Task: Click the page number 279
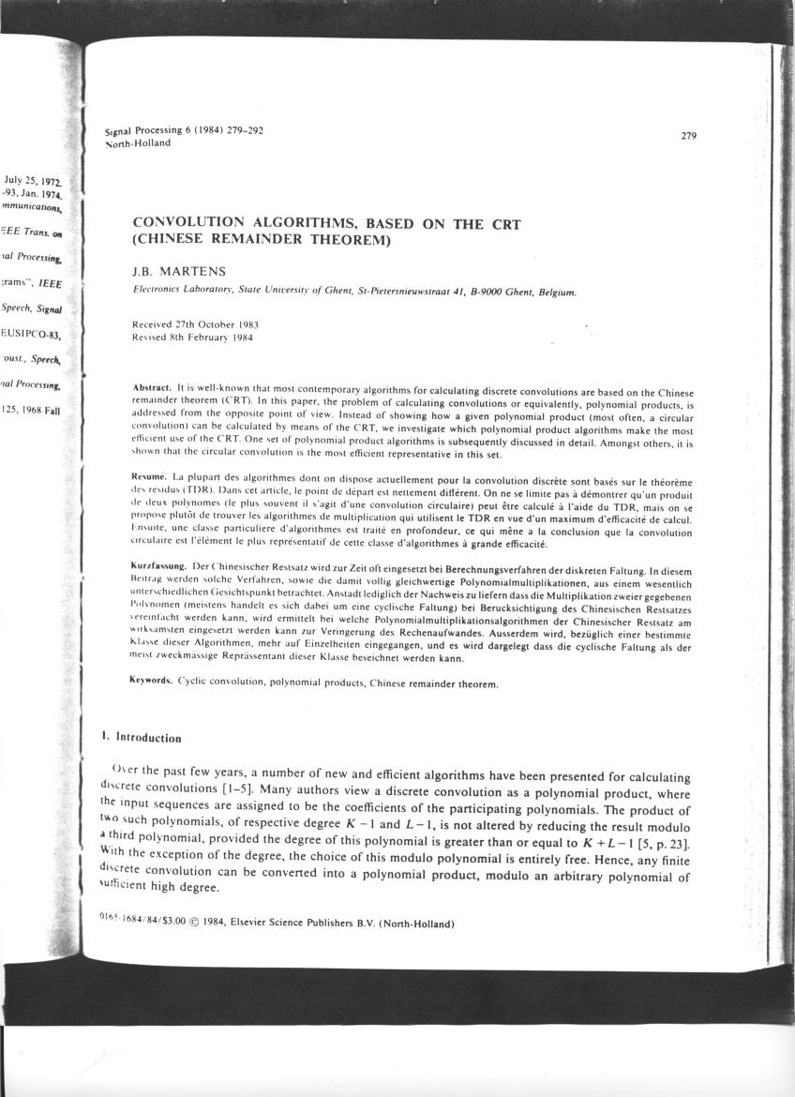coord(689,137)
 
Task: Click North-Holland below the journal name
coord(138,143)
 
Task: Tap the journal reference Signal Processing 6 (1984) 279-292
coord(185,132)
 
